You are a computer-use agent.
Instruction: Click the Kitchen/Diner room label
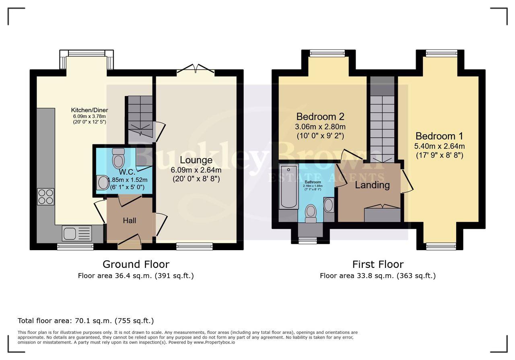click(x=89, y=110)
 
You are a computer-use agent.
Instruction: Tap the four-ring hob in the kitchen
click(x=45, y=196)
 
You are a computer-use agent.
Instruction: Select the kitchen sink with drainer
click(x=77, y=233)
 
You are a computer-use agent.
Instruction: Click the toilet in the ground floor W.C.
click(x=118, y=158)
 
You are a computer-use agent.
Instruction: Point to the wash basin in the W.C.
click(x=102, y=182)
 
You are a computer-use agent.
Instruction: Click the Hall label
click(x=130, y=220)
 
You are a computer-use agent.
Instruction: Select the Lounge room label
click(x=196, y=160)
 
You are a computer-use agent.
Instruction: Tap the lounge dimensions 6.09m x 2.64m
click(x=196, y=170)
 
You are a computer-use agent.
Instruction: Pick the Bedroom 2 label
click(x=320, y=117)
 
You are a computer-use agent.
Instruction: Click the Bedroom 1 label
click(x=439, y=136)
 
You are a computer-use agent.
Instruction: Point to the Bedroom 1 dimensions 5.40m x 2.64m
click(x=439, y=146)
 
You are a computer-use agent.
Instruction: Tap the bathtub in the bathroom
click(x=288, y=186)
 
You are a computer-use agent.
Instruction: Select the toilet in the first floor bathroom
click(x=311, y=213)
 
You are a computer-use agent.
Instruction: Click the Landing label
click(x=372, y=185)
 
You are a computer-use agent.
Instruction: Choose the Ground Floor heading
click(x=136, y=264)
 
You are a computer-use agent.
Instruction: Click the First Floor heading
click(x=377, y=264)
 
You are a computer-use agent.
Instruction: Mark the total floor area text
click(x=86, y=321)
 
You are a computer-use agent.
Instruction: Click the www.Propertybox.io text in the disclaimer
click(x=214, y=342)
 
